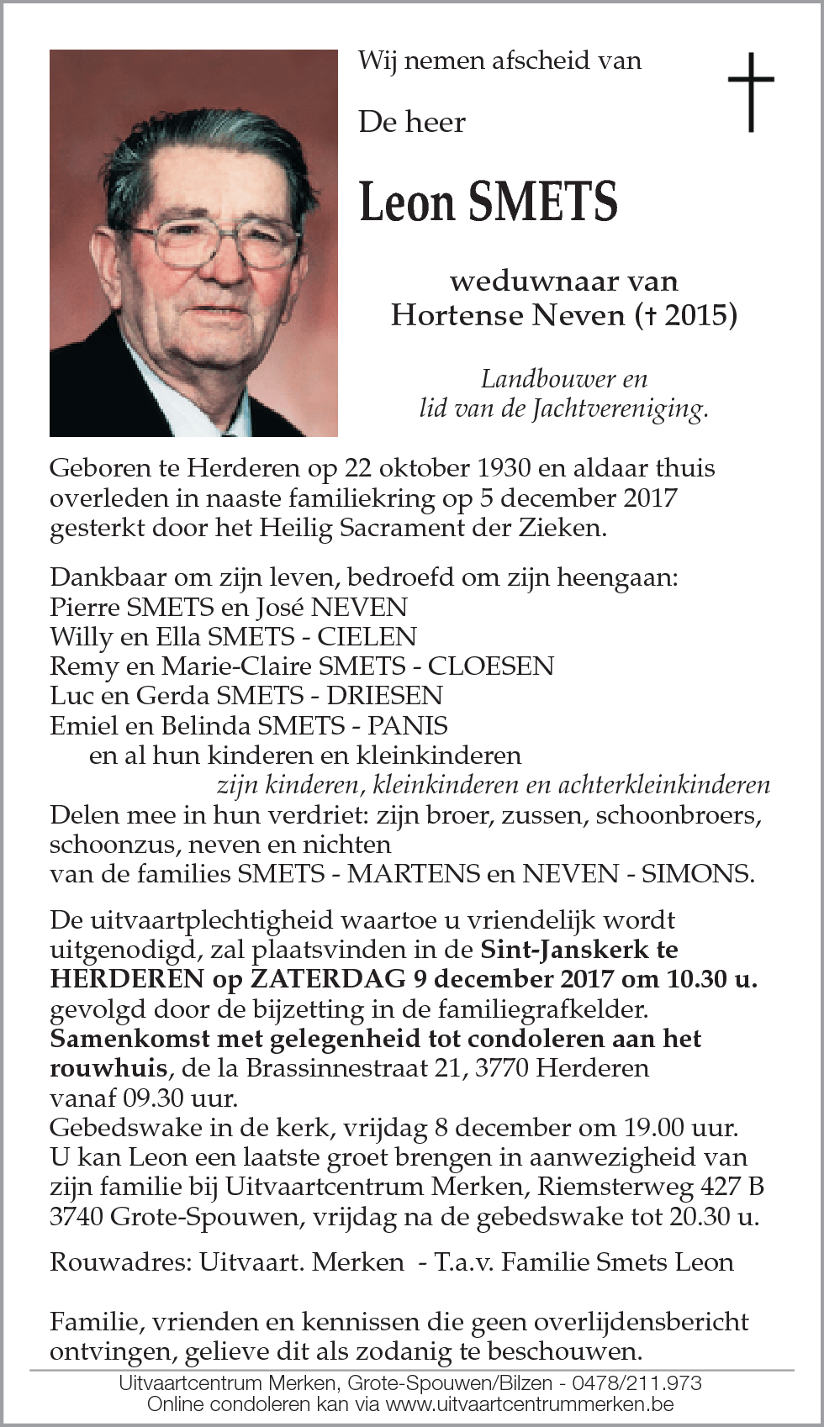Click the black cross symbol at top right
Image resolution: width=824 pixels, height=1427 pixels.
(x=750, y=92)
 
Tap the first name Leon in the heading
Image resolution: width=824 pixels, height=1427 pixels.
(x=403, y=203)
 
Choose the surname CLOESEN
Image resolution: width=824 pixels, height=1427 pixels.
(x=491, y=666)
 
